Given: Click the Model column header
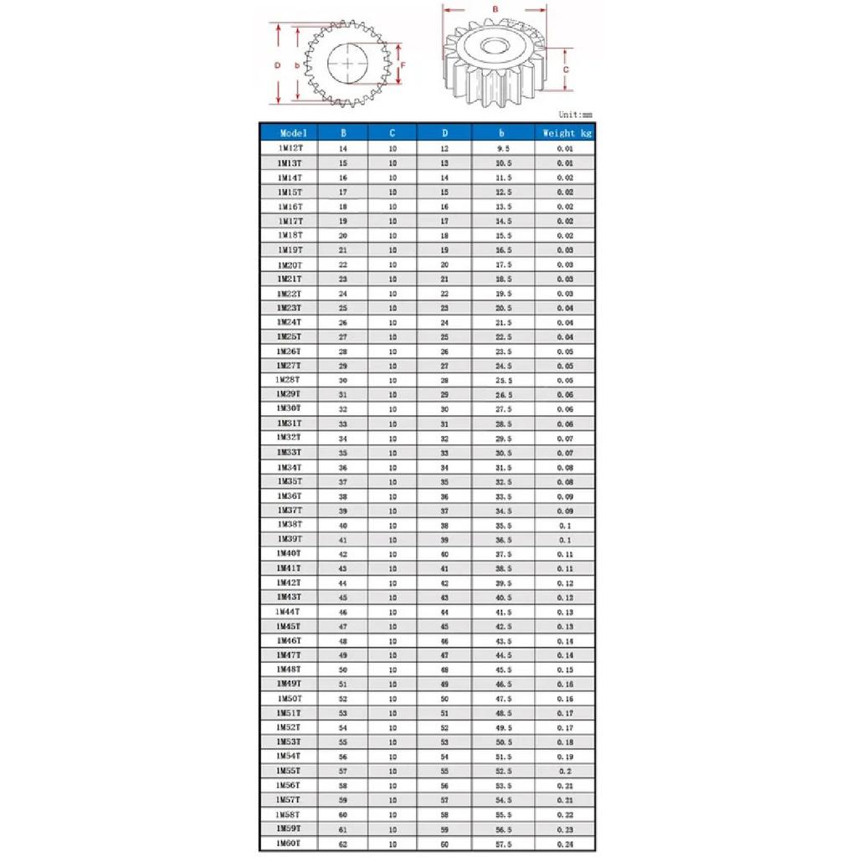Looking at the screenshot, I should pyautogui.click(x=294, y=132).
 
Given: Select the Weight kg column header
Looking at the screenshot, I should pyautogui.click(x=567, y=132).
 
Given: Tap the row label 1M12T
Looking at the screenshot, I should pyautogui.click(x=290, y=148).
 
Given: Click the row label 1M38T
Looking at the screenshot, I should pyautogui.click(x=290, y=525).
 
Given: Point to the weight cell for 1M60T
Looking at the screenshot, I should pyautogui.click(x=566, y=844).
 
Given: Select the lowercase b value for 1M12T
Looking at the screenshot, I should pyautogui.click(x=504, y=148).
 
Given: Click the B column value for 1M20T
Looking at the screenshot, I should pyautogui.click(x=342, y=264).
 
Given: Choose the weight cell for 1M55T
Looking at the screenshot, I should pyautogui.click(x=566, y=771).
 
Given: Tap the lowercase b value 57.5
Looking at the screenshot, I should pyautogui.click(x=504, y=844).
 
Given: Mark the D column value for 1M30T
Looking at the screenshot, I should pyautogui.click(x=444, y=409).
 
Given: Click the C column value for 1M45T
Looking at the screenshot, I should pyautogui.click(x=393, y=626).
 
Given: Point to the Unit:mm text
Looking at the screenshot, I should pyautogui.click(x=575, y=115).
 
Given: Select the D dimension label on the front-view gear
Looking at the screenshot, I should pyautogui.click(x=277, y=64).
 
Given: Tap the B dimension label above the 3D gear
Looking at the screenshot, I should pyautogui.click(x=495, y=9).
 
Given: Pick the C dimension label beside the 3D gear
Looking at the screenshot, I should pyautogui.click(x=566, y=70).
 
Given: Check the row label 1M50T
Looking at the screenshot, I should pyautogui.click(x=290, y=699).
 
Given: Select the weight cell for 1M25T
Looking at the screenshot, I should pyautogui.click(x=566, y=336).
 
